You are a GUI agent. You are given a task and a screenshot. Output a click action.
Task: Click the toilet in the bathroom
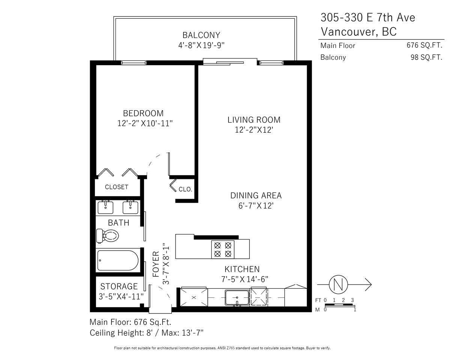(x=107, y=236)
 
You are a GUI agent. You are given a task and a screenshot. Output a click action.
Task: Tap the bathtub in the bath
(x=118, y=260)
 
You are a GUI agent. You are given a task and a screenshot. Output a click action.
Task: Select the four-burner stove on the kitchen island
(x=222, y=249)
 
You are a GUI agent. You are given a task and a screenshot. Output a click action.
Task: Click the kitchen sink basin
(x=237, y=297)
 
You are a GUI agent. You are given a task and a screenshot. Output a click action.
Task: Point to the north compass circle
(x=338, y=285)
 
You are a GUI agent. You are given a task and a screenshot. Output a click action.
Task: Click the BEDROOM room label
(x=143, y=113)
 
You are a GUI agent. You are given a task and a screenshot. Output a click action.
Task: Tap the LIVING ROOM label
(x=254, y=120)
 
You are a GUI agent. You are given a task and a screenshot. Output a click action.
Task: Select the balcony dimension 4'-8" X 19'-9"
(x=201, y=45)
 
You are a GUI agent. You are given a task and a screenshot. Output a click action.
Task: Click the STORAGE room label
(x=119, y=286)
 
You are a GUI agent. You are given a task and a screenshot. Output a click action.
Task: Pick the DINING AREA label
(x=256, y=195)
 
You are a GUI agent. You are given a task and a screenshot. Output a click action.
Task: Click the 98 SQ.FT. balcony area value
(x=426, y=57)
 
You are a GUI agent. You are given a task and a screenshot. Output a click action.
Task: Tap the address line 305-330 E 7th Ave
(x=368, y=17)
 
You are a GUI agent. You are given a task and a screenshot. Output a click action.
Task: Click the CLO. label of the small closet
(x=185, y=189)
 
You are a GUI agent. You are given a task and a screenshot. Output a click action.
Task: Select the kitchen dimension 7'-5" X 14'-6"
(x=245, y=279)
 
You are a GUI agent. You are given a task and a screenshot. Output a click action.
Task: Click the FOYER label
(x=156, y=264)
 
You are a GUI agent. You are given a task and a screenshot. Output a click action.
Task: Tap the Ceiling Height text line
(x=146, y=333)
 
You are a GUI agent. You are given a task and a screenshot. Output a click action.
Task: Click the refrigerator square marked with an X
(x=194, y=297)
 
